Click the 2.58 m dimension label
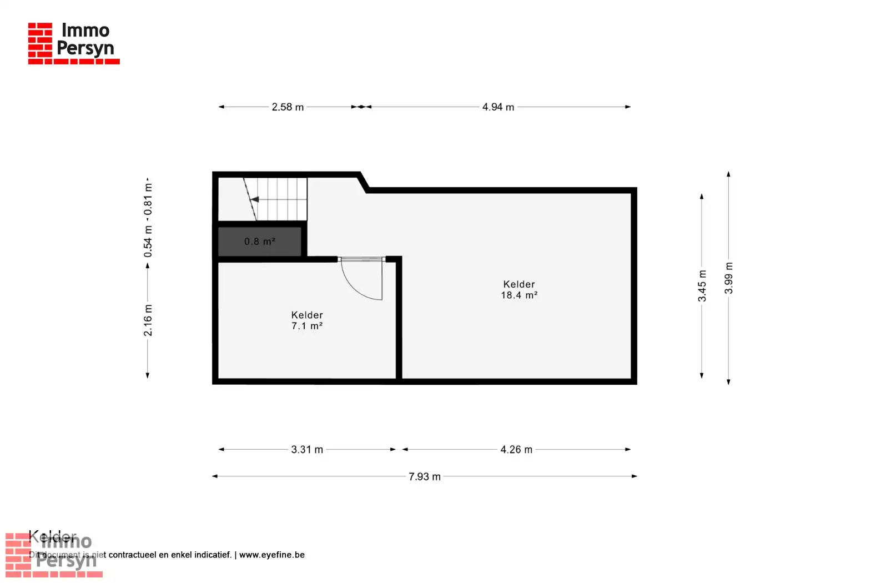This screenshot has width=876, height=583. click(288, 107)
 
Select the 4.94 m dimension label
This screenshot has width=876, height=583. click(498, 107)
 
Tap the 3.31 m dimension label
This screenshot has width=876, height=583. click(307, 450)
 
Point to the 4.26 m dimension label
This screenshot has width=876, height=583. click(516, 450)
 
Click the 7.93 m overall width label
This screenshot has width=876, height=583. click(425, 476)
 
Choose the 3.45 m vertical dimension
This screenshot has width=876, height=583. click(702, 286)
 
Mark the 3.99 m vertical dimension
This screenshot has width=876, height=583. click(729, 278)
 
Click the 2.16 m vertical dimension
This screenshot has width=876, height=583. click(148, 320)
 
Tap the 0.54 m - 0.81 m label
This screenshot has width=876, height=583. click(148, 218)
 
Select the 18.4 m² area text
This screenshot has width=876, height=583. click(519, 295)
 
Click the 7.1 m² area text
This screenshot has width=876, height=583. click(307, 326)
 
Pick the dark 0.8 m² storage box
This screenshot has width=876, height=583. click(260, 242)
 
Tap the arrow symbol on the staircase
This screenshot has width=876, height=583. click(255, 199)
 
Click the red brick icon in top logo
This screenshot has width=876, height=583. click(40, 41)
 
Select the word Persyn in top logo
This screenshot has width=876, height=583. click(85, 48)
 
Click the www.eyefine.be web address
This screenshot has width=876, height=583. click(272, 555)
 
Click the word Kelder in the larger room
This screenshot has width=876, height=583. click(519, 284)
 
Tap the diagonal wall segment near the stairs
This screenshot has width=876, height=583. click(364, 182)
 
